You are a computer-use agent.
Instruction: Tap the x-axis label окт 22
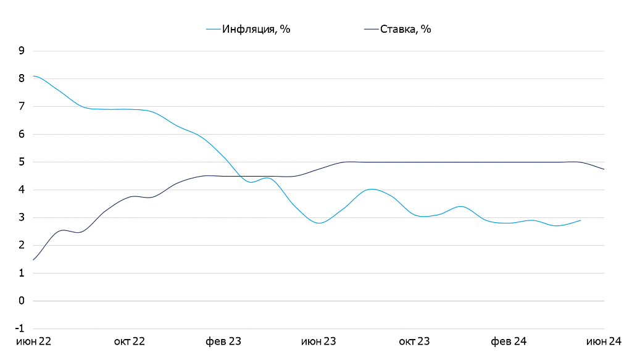pos(130,341)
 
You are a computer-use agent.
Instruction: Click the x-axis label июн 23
pos(318,341)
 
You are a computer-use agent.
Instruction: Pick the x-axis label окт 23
pos(414,341)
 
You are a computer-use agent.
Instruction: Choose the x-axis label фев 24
pos(509,341)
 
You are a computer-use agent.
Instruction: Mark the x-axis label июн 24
pos(603,341)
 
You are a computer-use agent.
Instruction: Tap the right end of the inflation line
pos(580,220)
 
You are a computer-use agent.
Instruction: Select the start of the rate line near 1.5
pos(33,260)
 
